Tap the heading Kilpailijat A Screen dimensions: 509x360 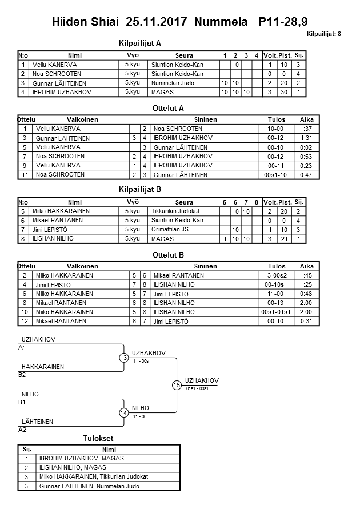click(x=139, y=43)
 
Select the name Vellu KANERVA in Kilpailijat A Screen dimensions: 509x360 click(x=55, y=65)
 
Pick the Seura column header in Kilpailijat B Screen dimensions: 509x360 click(x=184, y=202)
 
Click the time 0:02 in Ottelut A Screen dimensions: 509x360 click(x=306, y=147)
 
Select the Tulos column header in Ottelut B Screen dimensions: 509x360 click(x=277, y=266)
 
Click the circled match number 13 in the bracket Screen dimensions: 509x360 click(x=123, y=358)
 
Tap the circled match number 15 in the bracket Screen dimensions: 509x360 click(x=177, y=385)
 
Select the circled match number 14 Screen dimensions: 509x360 click(x=123, y=413)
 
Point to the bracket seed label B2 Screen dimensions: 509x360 click(x=22, y=375)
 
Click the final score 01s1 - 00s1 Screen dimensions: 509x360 click(x=197, y=389)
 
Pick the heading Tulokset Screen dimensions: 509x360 click(x=99, y=439)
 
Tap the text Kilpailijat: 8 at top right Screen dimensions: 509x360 click(x=323, y=34)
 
